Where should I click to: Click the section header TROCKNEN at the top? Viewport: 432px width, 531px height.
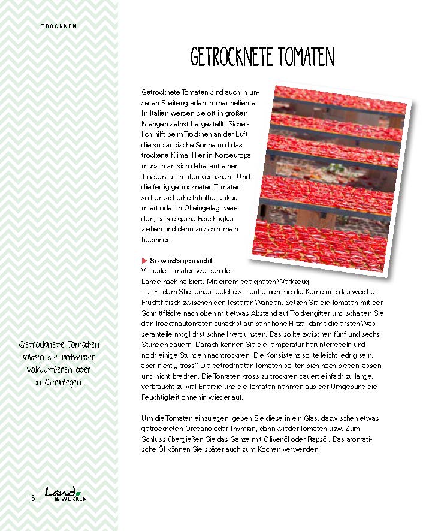tap(59, 26)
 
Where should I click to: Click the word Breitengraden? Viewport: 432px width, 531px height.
tap(175, 102)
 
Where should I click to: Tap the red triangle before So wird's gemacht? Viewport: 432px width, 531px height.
tap(144, 261)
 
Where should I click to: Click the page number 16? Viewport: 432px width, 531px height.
tap(31, 497)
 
